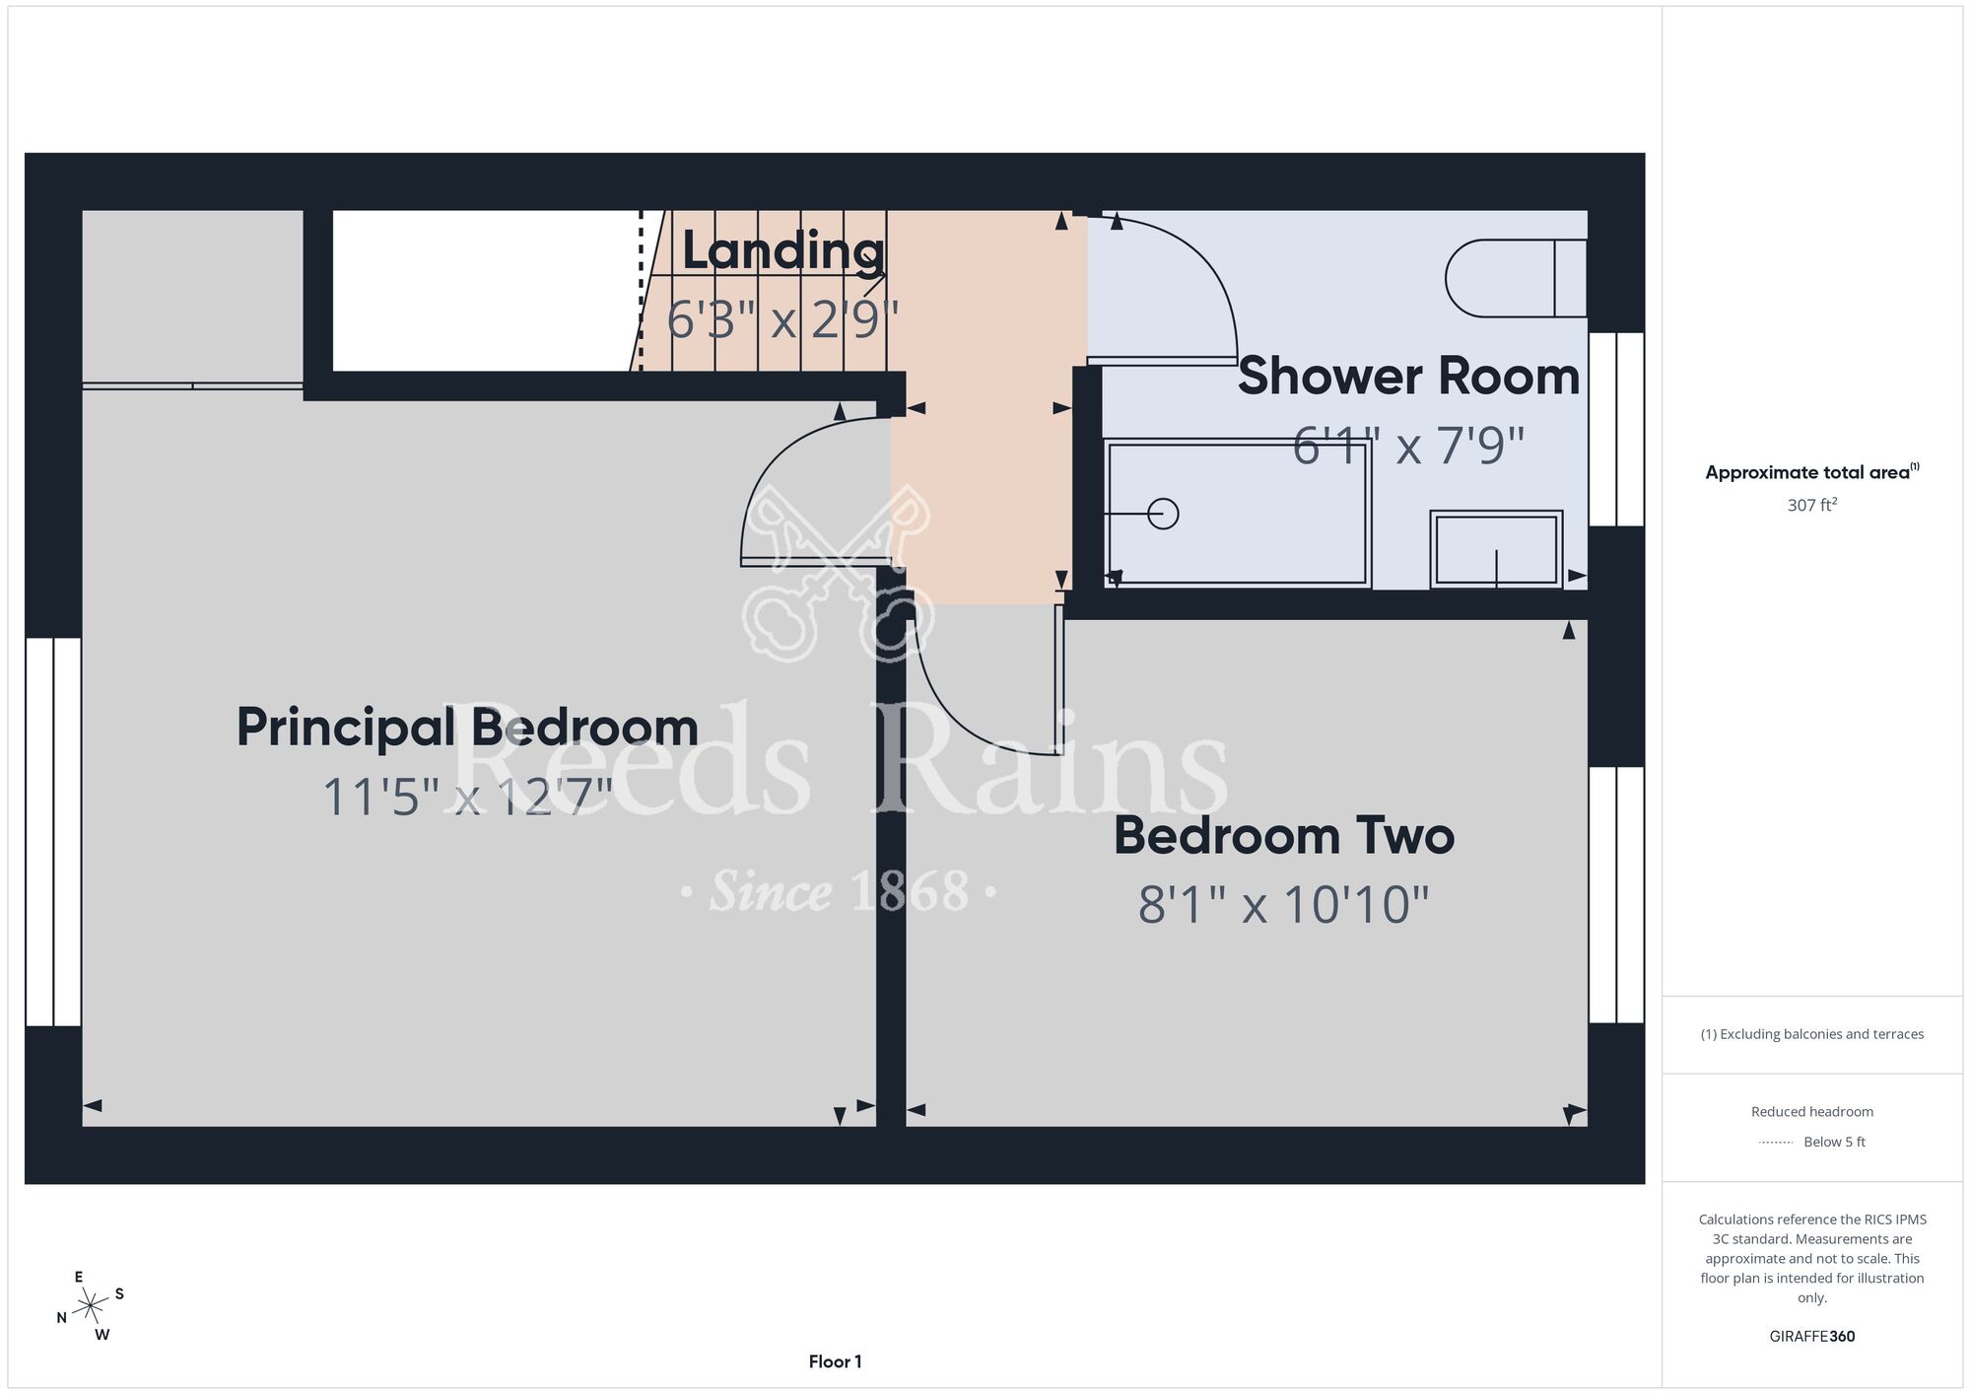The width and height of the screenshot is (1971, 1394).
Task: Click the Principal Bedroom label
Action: tap(467, 730)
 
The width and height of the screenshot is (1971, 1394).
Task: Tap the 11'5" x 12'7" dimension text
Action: tap(467, 797)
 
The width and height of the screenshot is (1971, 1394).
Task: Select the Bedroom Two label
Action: tap(1284, 836)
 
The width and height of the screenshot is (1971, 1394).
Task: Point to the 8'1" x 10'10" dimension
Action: tap(1284, 904)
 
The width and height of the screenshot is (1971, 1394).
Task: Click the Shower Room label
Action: tap(1408, 377)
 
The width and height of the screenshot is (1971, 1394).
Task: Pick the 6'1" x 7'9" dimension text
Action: tap(1408, 446)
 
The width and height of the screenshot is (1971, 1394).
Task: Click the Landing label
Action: tap(783, 250)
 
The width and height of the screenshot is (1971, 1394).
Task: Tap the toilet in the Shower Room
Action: tap(1516, 278)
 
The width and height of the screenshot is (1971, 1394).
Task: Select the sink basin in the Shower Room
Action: tap(1496, 549)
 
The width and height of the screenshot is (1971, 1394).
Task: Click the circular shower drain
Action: tap(1164, 514)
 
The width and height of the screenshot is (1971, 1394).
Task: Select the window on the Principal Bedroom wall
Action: tap(53, 832)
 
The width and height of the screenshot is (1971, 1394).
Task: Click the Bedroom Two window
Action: tap(1616, 895)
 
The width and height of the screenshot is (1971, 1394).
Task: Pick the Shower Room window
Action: tap(1616, 429)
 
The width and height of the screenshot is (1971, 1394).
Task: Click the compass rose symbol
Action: tap(91, 1306)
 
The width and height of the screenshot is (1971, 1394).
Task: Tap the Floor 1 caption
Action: tap(835, 1361)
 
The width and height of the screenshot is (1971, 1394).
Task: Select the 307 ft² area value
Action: tap(1811, 505)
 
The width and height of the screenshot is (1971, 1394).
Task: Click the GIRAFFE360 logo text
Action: tap(1811, 1337)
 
